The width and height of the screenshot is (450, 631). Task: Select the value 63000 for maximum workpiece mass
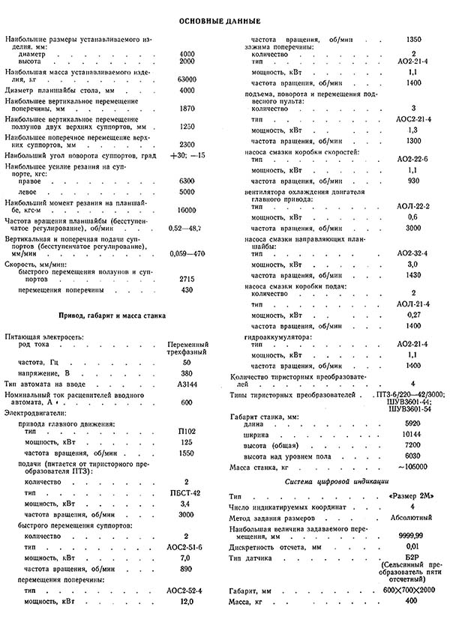pos(187,78)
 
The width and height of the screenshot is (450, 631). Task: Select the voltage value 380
pos(187,372)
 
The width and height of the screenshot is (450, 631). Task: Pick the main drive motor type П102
pos(187,432)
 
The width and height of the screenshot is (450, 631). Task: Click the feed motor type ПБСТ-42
pos(187,495)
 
